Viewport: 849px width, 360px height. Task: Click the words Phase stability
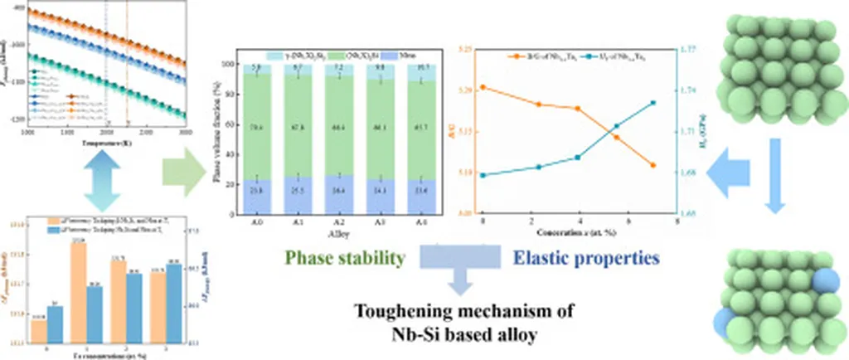tap(347, 259)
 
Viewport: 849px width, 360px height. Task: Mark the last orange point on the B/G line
tap(653, 166)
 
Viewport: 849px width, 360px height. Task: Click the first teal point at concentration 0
tap(482, 175)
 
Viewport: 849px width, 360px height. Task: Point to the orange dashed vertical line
tap(127, 66)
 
